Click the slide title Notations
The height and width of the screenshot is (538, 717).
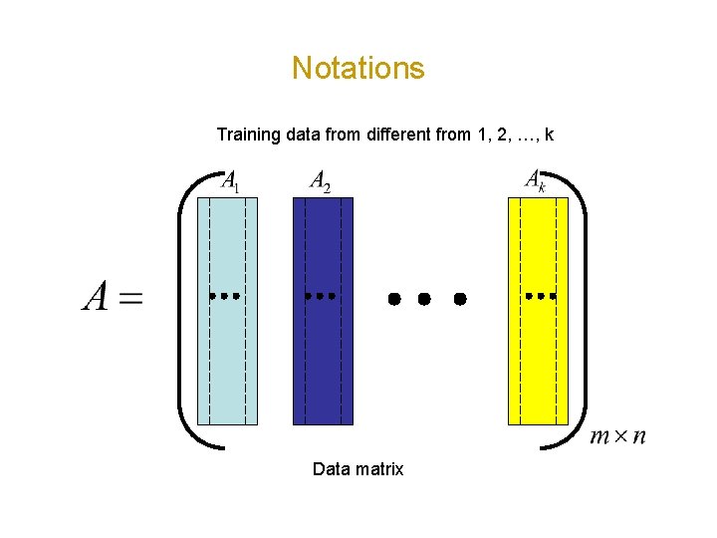(x=358, y=68)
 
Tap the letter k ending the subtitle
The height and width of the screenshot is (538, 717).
(x=549, y=134)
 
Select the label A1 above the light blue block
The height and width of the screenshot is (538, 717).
(x=229, y=181)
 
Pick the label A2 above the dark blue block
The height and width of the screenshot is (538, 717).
(x=321, y=181)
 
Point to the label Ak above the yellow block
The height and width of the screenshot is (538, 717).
(x=536, y=180)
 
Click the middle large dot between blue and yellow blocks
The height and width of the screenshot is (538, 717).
(x=425, y=298)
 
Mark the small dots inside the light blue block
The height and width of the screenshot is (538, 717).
(x=225, y=296)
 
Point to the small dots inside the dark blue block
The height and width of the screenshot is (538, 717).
(x=320, y=296)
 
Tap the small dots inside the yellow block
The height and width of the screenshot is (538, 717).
(x=540, y=296)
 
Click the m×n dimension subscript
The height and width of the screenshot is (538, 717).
(x=617, y=435)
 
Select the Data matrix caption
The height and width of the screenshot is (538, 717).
(x=358, y=468)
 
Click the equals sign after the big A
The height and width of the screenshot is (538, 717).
(x=130, y=298)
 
